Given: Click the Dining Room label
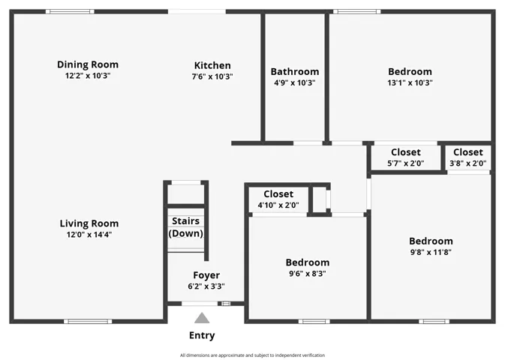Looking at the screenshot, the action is (x=88, y=64).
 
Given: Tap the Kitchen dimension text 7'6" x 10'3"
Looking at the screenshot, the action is (x=212, y=76).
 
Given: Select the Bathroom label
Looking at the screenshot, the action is (x=295, y=71).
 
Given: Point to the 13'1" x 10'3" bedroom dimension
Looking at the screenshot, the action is (x=410, y=82).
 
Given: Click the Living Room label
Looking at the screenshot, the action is (x=89, y=223).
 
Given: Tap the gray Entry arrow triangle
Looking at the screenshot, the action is (x=202, y=318).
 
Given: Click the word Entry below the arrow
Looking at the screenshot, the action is (x=202, y=335).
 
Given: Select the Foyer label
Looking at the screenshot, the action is (x=206, y=275).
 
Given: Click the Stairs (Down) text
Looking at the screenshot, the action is (x=186, y=227).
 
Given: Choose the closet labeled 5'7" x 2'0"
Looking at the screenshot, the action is (x=406, y=157).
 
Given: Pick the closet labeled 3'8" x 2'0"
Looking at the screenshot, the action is (x=468, y=157).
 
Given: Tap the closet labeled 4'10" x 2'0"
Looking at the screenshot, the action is (x=278, y=199).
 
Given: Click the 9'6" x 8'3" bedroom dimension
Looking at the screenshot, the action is (x=308, y=274).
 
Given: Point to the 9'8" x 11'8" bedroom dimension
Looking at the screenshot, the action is (x=431, y=252).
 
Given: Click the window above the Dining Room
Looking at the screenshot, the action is (x=70, y=11).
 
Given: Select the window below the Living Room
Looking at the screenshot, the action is (x=88, y=321).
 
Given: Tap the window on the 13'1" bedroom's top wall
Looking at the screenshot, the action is (x=357, y=11).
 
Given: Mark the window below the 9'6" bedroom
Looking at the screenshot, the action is (x=314, y=321).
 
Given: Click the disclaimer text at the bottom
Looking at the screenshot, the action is (x=252, y=355).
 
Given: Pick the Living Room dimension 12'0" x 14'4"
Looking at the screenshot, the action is (x=89, y=235).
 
